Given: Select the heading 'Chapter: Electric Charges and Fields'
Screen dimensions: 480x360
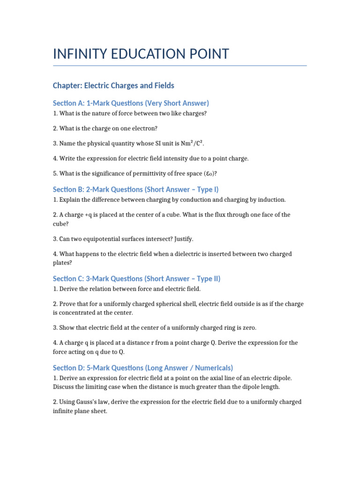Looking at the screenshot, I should coord(113,85).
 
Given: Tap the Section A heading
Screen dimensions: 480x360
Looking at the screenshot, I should coord(131,103).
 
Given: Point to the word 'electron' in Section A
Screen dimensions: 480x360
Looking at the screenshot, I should coord(123,128).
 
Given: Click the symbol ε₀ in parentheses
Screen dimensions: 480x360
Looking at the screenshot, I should coord(210,173).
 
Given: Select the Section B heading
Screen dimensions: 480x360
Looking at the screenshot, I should coord(135,189).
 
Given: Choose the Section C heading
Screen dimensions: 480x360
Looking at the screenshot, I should coord(136,278).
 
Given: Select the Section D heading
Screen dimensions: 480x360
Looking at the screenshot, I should coord(143,367).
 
